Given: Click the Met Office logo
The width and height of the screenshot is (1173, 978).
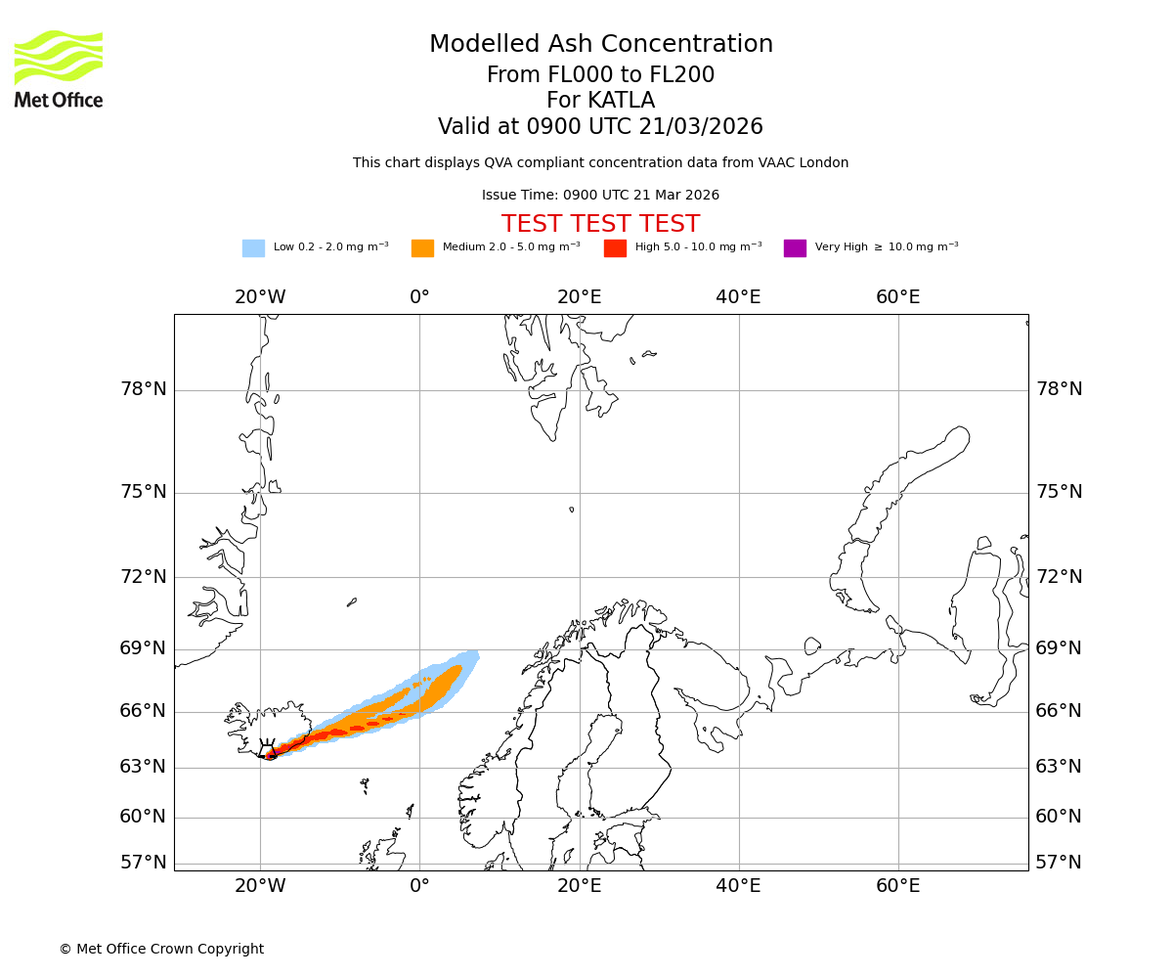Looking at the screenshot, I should click(59, 68).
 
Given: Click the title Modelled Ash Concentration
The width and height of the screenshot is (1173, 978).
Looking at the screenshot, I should click(600, 45).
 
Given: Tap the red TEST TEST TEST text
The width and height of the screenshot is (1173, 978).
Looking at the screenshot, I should click(600, 225).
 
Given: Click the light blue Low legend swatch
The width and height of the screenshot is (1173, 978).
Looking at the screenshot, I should click(253, 248).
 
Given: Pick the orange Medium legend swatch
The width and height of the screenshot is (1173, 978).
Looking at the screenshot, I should click(422, 248).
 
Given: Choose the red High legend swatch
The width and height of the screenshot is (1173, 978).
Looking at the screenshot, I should click(615, 248).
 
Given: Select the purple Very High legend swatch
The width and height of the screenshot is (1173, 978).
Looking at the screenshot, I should click(795, 248).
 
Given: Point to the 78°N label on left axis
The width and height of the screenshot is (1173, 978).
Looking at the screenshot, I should click(143, 389).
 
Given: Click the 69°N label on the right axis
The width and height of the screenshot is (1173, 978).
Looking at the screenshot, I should click(1059, 648).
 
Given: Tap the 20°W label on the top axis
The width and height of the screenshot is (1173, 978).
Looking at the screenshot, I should click(260, 297).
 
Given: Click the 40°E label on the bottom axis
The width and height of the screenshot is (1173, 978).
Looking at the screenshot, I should click(738, 886).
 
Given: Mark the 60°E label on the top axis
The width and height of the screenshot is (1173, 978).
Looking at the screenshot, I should click(897, 297).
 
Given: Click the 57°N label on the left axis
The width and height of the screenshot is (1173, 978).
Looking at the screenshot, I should click(143, 863).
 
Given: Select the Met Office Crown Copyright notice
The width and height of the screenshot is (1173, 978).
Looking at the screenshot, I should click(161, 950).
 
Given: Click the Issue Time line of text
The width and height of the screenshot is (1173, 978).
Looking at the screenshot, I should click(600, 196).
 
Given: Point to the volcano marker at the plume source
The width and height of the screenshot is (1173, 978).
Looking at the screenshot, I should click(267, 750).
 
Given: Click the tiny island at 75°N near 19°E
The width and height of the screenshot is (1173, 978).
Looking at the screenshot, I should click(572, 510).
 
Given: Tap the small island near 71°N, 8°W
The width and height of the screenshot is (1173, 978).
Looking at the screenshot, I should click(352, 602).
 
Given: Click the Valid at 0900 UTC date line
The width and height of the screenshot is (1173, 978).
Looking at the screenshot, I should click(600, 127).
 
